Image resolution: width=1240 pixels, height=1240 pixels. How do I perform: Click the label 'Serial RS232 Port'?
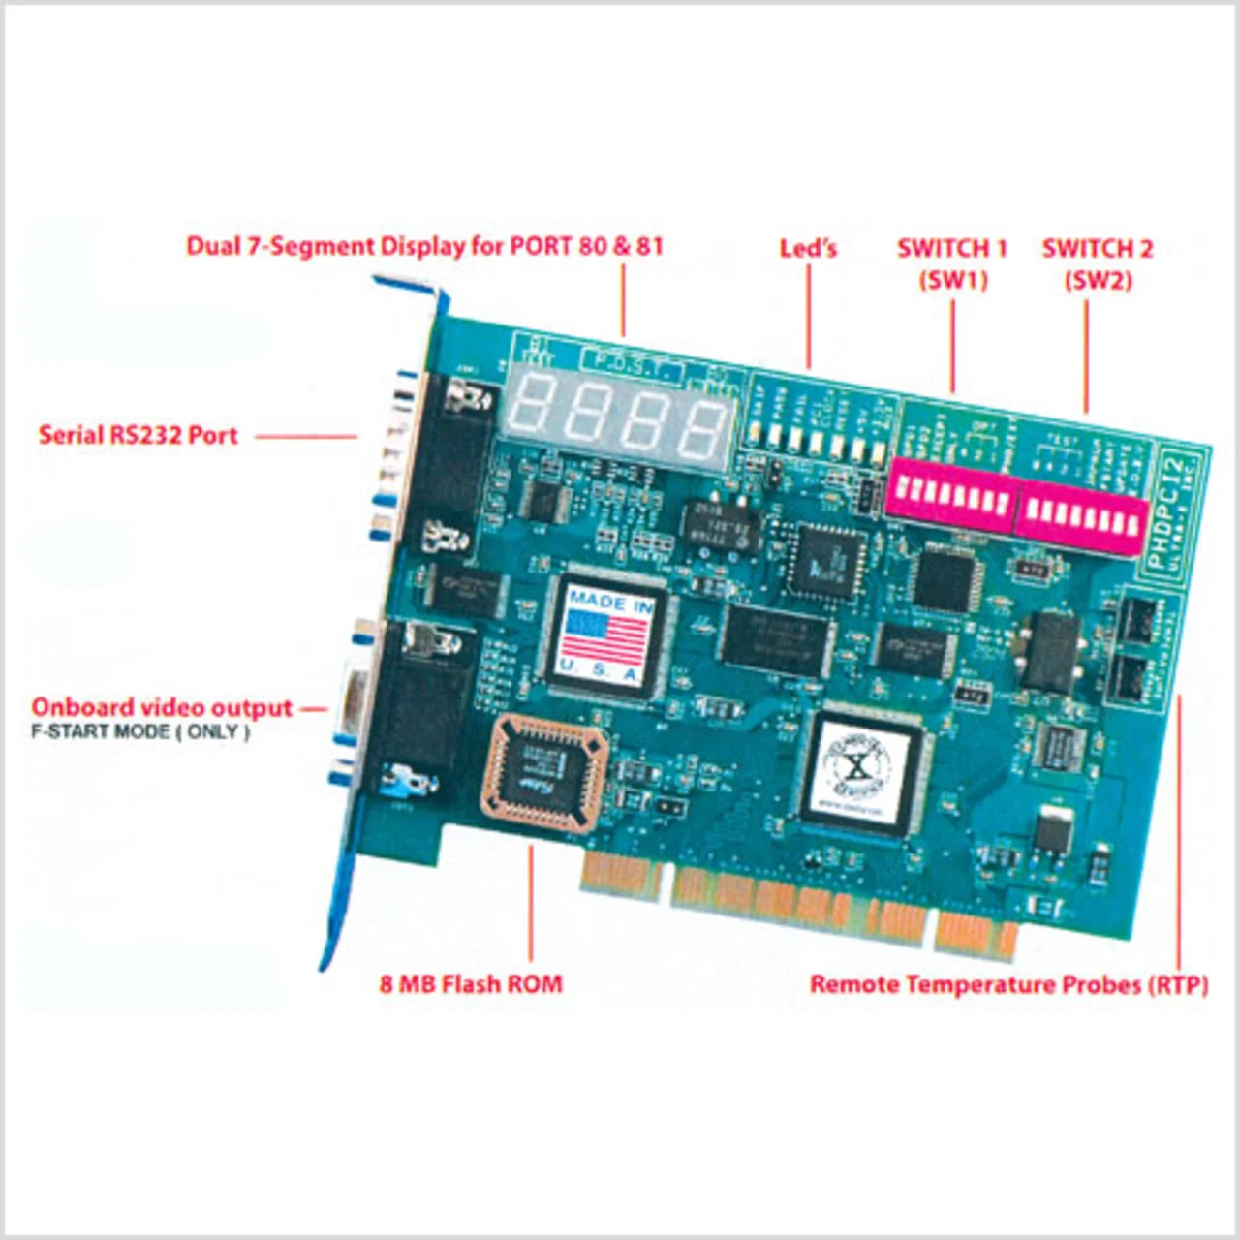click(139, 435)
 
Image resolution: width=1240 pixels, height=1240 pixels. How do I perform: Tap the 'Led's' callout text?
click(808, 249)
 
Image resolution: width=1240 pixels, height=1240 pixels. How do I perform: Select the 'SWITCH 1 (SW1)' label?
click(952, 263)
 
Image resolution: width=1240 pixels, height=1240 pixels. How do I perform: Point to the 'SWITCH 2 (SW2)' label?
click(1098, 263)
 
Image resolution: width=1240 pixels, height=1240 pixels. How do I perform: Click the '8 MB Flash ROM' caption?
click(471, 984)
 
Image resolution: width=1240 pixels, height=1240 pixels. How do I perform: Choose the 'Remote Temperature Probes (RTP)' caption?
click(1008, 985)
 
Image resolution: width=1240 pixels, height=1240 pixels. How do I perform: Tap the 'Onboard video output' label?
click(162, 707)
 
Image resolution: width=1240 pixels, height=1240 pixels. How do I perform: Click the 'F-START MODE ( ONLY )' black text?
click(140, 732)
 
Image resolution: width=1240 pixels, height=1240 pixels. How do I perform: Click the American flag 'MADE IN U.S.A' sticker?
click(606, 635)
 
